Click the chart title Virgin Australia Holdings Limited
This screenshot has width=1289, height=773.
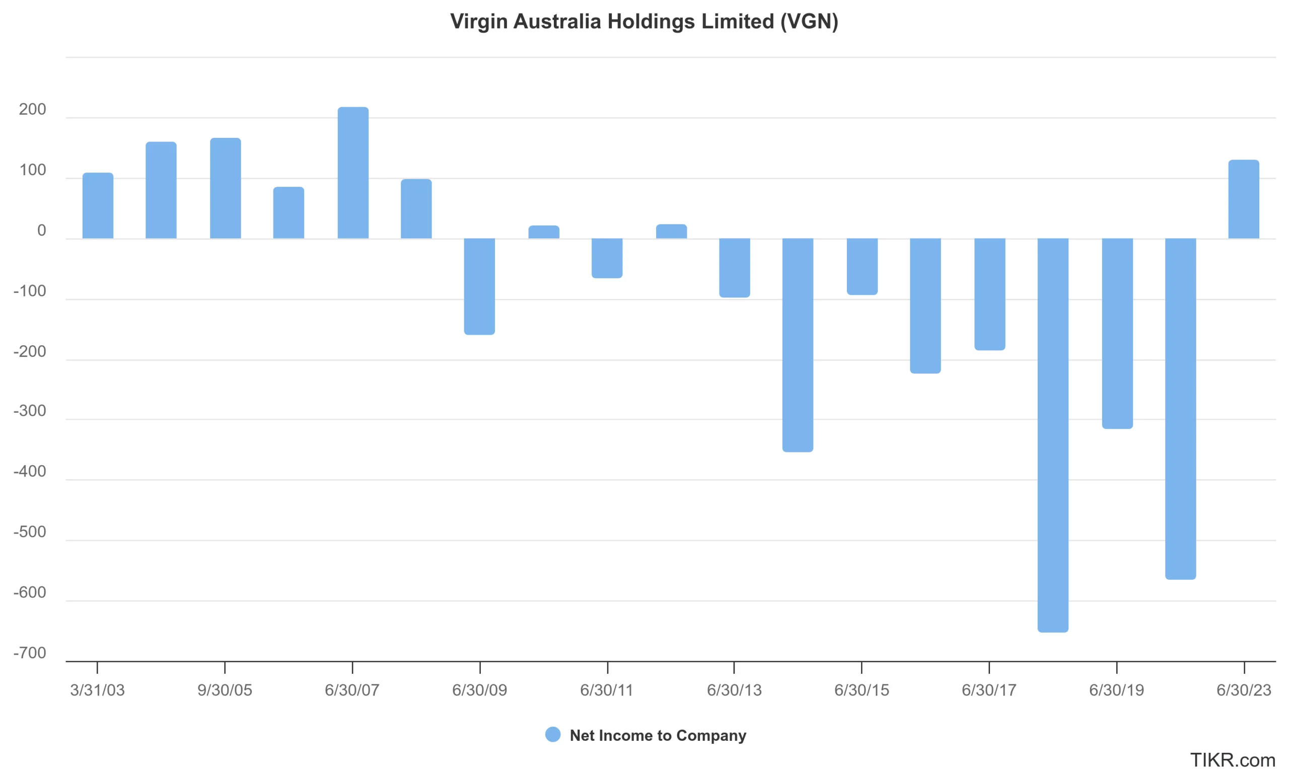644,22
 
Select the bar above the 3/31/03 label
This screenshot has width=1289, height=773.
98,206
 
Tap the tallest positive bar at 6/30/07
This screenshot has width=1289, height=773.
353,173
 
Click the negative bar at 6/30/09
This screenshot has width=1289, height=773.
479,286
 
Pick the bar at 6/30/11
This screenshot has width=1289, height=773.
607,258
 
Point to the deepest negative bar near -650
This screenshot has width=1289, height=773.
1053,435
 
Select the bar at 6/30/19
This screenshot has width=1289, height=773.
1117,333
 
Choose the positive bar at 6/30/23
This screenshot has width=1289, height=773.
1244,199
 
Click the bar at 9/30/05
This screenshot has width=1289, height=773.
225,189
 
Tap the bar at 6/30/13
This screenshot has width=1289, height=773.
735,268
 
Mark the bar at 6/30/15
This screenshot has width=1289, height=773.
863,267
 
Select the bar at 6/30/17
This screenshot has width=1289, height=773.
990,294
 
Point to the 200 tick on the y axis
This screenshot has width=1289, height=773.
32,109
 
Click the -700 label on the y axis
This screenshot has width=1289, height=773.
30,653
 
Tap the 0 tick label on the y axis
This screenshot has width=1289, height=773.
42,231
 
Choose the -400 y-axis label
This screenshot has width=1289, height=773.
30,472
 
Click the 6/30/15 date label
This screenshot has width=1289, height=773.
862,690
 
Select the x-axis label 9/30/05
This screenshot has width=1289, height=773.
225,690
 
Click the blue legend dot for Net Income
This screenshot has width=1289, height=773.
553,734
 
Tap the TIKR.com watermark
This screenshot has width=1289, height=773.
1233,760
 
